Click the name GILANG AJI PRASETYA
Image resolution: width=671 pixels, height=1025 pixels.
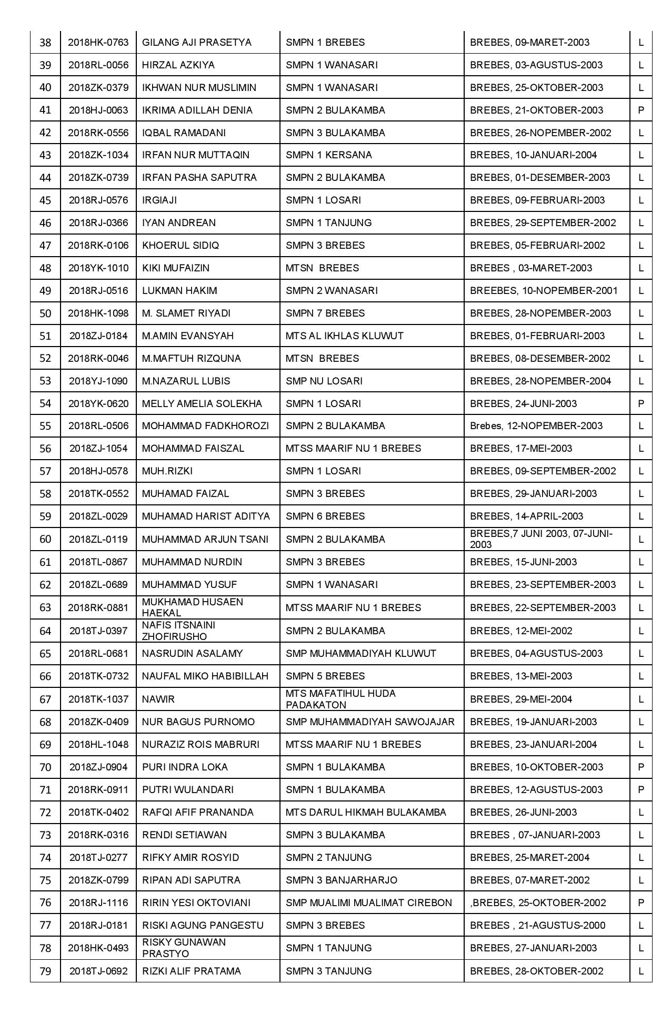[x=197, y=43]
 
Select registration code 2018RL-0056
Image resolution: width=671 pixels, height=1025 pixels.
[x=98, y=65]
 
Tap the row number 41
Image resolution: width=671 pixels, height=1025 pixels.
[x=45, y=110]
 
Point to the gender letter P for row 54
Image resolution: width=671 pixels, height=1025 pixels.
[x=640, y=404]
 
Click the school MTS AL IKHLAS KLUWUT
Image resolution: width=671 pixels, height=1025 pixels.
[x=344, y=336]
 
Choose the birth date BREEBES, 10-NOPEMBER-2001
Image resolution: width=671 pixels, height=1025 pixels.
[x=544, y=291]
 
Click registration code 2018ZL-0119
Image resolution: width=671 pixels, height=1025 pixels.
[x=98, y=539]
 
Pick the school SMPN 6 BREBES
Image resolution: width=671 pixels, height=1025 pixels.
[x=325, y=516]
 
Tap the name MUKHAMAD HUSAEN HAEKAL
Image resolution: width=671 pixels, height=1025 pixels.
[x=193, y=607]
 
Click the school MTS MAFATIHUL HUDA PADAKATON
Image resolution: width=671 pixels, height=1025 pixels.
[x=340, y=699]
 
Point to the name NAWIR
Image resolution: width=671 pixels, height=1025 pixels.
[x=158, y=699]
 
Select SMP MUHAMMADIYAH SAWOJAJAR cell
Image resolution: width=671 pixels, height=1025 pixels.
[x=370, y=722]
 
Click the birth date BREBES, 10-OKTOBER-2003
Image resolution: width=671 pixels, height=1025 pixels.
[x=536, y=767]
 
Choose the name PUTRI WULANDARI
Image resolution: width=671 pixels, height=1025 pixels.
[x=188, y=790]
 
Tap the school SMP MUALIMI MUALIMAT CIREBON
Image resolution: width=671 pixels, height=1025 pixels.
[x=368, y=903]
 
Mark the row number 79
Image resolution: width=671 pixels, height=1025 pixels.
[x=45, y=971]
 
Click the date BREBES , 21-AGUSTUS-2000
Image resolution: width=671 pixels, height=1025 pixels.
[x=537, y=926]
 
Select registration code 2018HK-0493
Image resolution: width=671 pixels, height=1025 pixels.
[x=98, y=948]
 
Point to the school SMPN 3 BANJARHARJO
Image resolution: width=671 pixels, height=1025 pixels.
[x=342, y=880]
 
